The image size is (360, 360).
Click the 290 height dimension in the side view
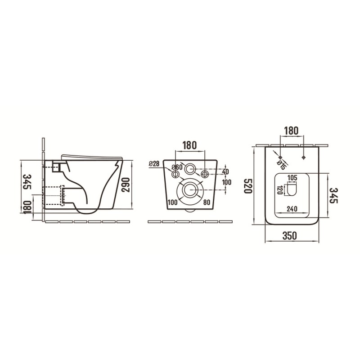[126, 185]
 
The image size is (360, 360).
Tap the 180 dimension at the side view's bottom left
[28, 207]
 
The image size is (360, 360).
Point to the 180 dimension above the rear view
[189, 145]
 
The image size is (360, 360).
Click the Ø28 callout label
[154, 164]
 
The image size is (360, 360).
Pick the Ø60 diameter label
[177, 167]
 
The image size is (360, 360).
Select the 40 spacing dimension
[225, 171]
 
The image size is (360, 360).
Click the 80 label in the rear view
[207, 202]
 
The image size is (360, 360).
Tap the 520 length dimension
[248, 186]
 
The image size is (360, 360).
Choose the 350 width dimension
[289, 235]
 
